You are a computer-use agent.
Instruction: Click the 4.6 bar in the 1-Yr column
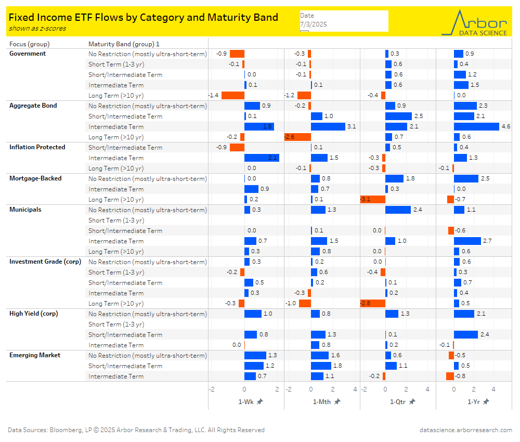pos(476,126)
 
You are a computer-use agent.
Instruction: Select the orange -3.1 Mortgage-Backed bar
pos(373,199)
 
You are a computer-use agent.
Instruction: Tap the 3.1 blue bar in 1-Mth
pos(328,126)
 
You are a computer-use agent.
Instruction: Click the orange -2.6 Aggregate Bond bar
pos(298,137)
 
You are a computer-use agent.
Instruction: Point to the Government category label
pos(28,54)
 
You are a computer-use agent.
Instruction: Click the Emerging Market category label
pos(35,355)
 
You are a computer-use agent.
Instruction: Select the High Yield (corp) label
pos(34,314)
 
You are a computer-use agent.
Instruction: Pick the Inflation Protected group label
pos(37,147)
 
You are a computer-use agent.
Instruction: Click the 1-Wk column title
pos(246,401)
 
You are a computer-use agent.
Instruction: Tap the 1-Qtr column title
pos(399,401)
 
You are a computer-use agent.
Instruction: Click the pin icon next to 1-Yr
pos(486,401)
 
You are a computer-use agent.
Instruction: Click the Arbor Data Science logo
pos(474,22)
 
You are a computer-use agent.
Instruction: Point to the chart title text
pos(144,17)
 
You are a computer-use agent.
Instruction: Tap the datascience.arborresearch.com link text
pos(466,430)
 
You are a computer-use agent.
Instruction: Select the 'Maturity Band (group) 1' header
pos(124,44)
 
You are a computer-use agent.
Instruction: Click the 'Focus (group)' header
pos(30,44)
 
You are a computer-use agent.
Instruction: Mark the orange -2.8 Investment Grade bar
pos(373,303)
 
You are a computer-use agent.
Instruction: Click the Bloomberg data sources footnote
pos(136,430)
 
